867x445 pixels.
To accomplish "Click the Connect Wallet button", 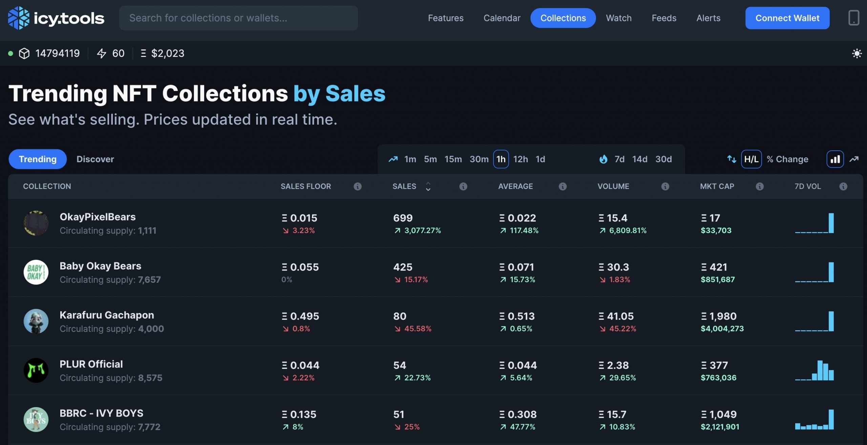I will pyautogui.click(x=787, y=18).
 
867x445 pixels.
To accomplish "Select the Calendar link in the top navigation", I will pyautogui.click(x=502, y=18).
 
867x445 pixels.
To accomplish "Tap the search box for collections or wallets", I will pyautogui.click(x=238, y=18).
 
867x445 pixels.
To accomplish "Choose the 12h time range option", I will pyautogui.click(x=520, y=159).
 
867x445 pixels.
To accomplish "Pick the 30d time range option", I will pyautogui.click(x=663, y=159).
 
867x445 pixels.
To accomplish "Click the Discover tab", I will pyautogui.click(x=95, y=159).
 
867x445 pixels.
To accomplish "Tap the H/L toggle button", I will pyautogui.click(x=751, y=159).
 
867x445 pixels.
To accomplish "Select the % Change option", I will pyautogui.click(x=787, y=159).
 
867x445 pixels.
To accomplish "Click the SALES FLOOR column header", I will pyautogui.click(x=305, y=186).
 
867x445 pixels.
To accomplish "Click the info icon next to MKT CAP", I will pyautogui.click(x=759, y=186).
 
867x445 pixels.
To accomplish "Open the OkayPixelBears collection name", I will pyautogui.click(x=98, y=217).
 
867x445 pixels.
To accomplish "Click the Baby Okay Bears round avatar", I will pyautogui.click(x=36, y=272).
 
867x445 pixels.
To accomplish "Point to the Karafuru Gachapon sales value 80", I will pyautogui.click(x=400, y=316).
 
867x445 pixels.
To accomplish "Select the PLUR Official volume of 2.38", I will pyautogui.click(x=617, y=365).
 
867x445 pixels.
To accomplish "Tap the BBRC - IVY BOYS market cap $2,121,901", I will pyautogui.click(x=720, y=427).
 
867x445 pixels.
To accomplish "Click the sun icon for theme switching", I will pyautogui.click(x=857, y=54).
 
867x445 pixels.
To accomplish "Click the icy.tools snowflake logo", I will pyautogui.click(x=19, y=18).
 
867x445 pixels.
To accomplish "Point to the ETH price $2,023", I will pyautogui.click(x=167, y=54).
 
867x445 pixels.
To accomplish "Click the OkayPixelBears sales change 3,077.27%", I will pyautogui.click(x=422, y=231).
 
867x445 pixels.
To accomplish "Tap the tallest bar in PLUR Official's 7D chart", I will pyautogui.click(x=820, y=370).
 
